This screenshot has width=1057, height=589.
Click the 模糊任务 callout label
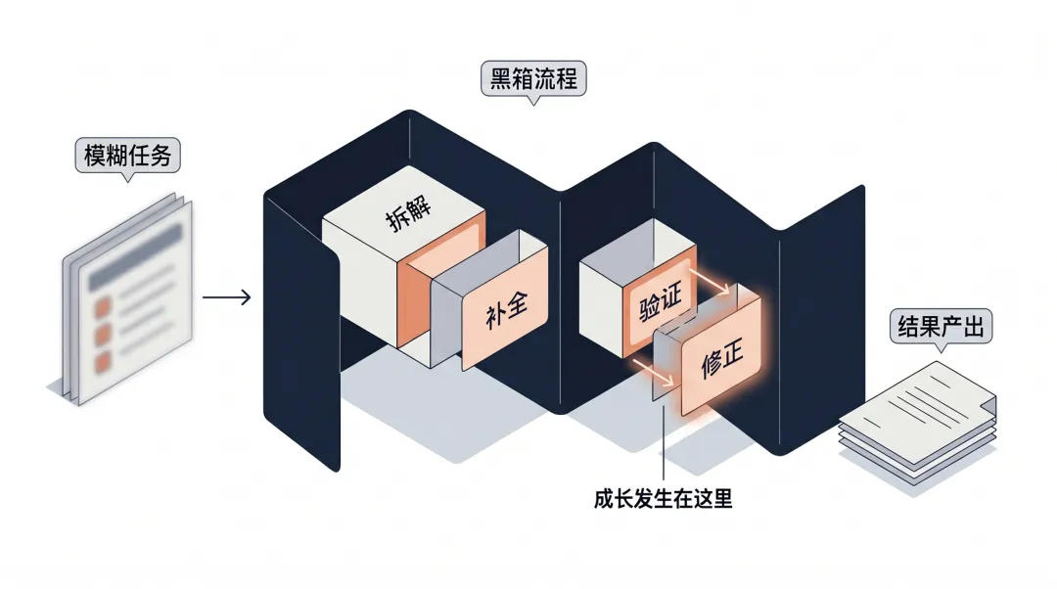tap(127, 157)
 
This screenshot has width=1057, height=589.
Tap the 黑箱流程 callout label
tap(534, 78)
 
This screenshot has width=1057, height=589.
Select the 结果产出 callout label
tap(941, 327)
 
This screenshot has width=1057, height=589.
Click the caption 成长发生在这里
tap(663, 499)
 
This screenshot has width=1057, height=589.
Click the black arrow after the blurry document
tap(226, 294)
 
